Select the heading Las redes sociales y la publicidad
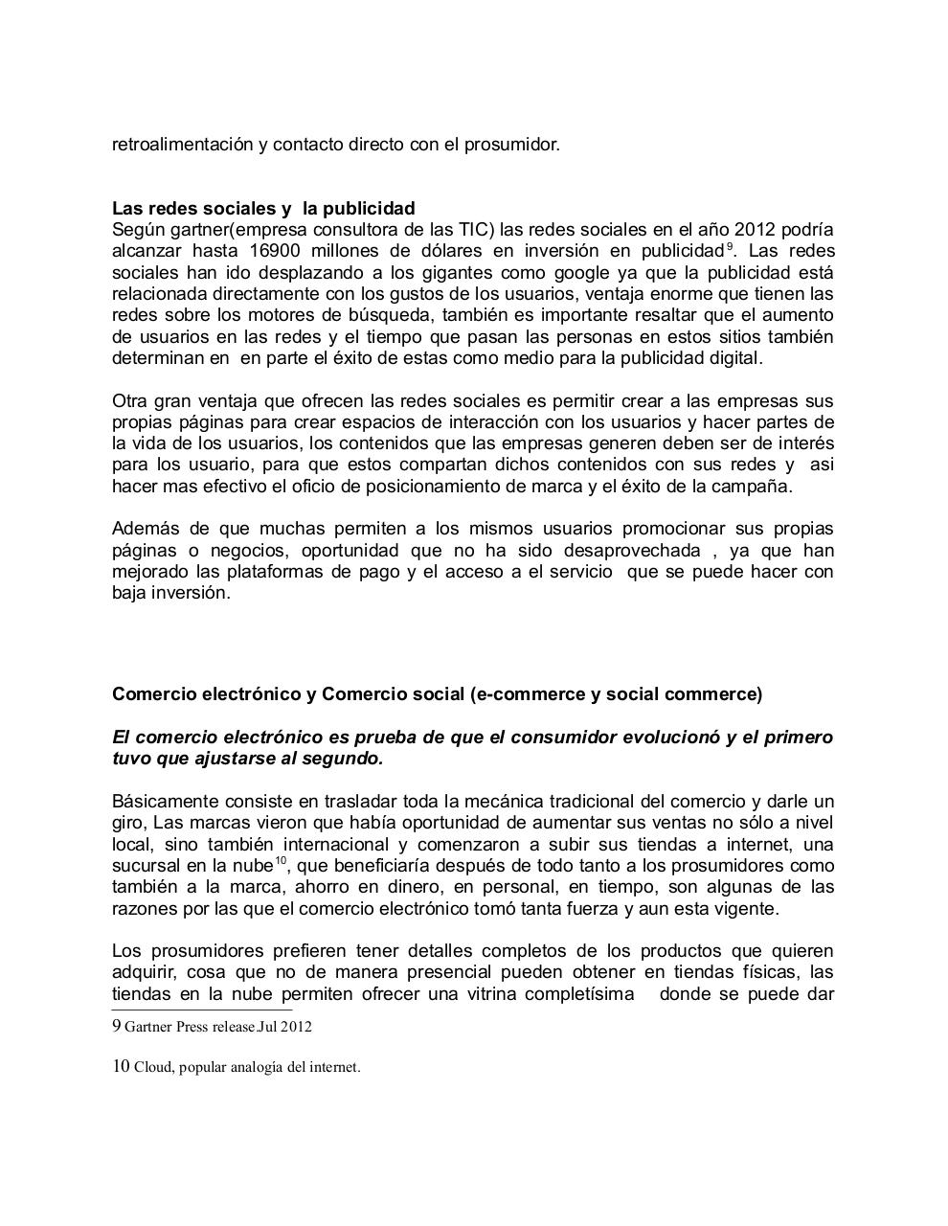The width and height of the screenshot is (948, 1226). coord(263,209)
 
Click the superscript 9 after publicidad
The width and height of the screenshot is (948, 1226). coord(730,247)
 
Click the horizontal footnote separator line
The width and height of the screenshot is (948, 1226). coord(202,1010)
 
